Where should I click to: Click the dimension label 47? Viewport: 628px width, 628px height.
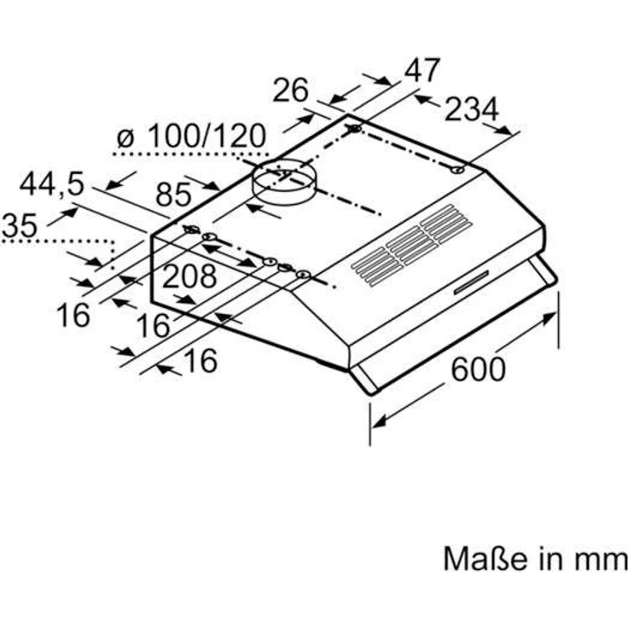click(422, 70)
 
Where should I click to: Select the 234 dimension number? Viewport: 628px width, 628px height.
click(469, 109)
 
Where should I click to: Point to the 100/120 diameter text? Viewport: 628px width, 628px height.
click(205, 137)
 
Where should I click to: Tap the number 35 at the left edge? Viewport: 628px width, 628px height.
click(19, 226)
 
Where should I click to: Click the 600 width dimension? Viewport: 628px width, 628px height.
click(478, 369)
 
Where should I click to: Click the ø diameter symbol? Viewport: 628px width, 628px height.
click(125, 137)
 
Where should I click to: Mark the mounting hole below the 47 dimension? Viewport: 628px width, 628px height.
click(353, 130)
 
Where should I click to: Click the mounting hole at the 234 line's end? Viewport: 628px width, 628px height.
click(459, 170)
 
